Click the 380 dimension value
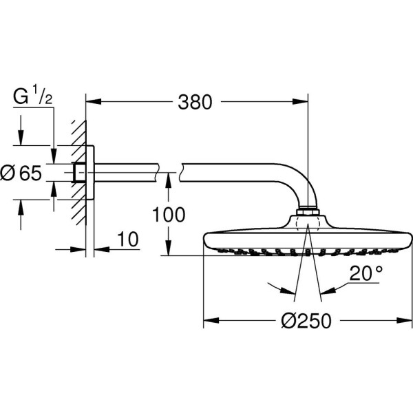pos(195,102)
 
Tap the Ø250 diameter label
pos(306,321)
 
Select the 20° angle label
pos(366,273)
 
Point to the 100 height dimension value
pos(169,215)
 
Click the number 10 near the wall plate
pos(128,239)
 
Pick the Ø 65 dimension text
pos(21,173)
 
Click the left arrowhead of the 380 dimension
pos(94,102)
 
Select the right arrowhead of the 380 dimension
pos(300,102)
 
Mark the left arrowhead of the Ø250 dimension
pos(211,321)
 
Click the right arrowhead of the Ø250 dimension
pos(404,321)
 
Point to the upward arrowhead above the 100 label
pos(169,180)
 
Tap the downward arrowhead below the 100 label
pos(169,248)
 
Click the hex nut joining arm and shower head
pos(308,212)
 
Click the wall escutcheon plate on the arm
pos(89,173)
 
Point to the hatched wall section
pos(79,173)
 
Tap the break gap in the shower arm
pos(169,173)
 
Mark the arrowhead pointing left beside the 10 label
pos(102,249)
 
